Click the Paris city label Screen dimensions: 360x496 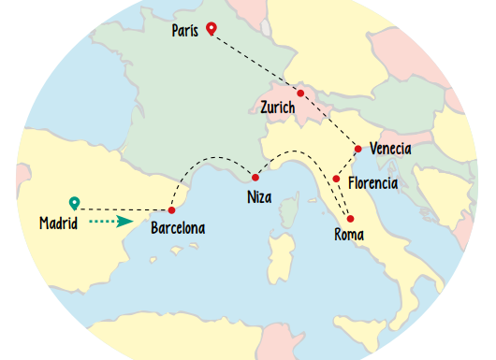[x=185, y=32]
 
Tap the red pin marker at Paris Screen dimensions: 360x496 [x=212, y=29]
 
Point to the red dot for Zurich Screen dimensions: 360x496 [x=300, y=93]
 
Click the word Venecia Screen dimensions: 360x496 [x=390, y=149]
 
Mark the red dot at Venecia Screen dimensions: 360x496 [x=358, y=149]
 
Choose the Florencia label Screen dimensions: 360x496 [x=372, y=182]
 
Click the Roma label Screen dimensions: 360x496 [x=349, y=234]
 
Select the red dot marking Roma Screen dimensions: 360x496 [x=350, y=219]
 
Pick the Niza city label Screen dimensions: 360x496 [x=260, y=197]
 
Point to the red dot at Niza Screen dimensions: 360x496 [x=255, y=177]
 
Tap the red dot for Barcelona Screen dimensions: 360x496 [x=171, y=210]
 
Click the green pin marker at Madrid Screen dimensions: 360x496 [x=74, y=202]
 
